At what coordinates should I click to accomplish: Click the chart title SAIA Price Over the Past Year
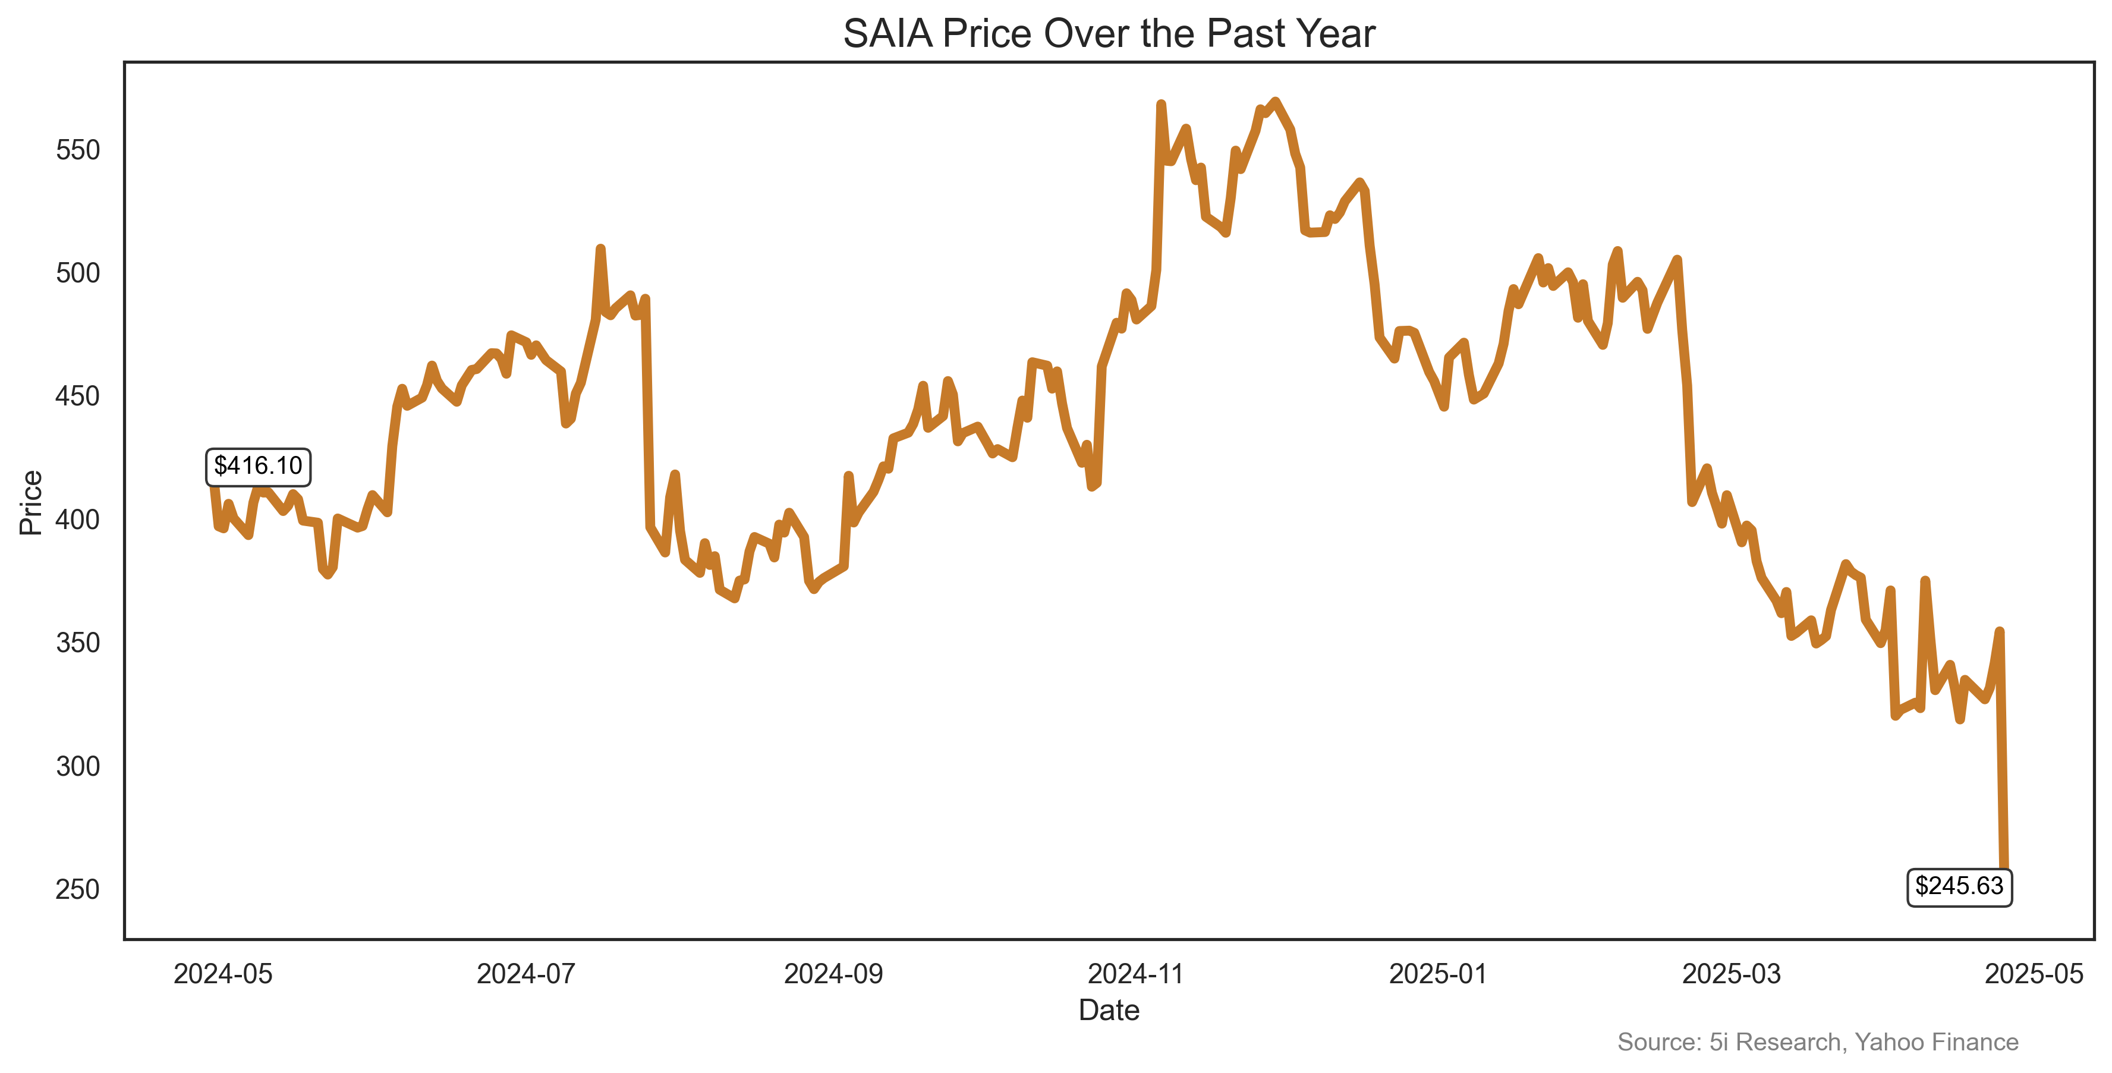(x=1109, y=34)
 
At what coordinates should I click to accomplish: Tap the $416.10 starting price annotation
(x=257, y=465)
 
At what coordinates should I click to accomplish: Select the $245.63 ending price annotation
(x=1959, y=886)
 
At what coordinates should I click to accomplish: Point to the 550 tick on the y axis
(x=78, y=150)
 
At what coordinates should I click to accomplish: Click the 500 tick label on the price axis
(x=78, y=273)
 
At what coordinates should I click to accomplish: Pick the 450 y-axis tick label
(x=78, y=397)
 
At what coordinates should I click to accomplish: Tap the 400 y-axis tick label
(x=78, y=520)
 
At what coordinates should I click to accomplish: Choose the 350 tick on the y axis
(x=78, y=643)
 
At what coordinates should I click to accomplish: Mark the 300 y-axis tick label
(x=78, y=766)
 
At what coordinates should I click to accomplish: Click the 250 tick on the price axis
(x=78, y=889)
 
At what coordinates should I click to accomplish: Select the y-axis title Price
(x=31, y=502)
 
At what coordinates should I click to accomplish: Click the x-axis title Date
(x=1109, y=1011)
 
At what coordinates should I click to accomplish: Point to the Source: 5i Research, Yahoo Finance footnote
(x=1818, y=1042)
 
